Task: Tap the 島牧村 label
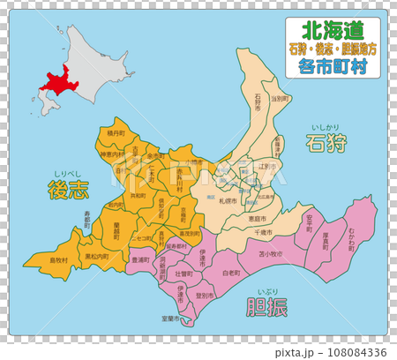tap(58, 260)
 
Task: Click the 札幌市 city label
tap(231, 201)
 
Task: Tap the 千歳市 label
tap(263, 230)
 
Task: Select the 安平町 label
tap(309, 221)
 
